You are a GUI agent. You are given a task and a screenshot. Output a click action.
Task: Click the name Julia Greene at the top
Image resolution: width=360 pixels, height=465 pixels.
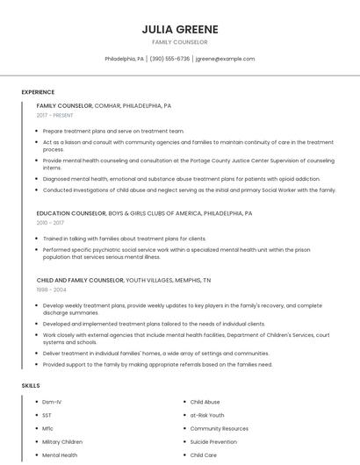(180, 29)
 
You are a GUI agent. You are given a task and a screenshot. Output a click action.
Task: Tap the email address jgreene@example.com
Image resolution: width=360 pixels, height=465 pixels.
(225, 59)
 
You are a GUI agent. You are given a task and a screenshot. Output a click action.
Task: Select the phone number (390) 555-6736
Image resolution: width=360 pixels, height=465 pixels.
(169, 59)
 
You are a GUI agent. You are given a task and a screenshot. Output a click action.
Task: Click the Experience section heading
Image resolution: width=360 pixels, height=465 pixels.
(38, 92)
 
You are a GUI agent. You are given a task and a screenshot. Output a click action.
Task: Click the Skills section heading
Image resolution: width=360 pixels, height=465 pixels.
(31, 386)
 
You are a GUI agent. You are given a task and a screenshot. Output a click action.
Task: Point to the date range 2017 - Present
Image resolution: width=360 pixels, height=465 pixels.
(55, 115)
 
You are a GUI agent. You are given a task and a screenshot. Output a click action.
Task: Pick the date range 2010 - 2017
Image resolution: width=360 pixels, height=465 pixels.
(50, 223)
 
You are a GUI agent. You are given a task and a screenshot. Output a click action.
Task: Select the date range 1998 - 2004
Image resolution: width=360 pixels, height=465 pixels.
(51, 290)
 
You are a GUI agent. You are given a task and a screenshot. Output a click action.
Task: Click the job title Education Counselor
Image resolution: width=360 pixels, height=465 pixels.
(71, 213)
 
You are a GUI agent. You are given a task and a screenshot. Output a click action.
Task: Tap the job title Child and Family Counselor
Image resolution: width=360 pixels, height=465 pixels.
(80, 280)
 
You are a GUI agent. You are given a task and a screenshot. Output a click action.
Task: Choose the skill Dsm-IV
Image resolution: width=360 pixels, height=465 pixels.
(53, 402)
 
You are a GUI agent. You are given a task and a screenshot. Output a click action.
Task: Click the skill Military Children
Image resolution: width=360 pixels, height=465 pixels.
(62, 442)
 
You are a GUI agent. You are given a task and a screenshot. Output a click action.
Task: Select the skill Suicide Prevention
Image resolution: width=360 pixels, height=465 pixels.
(213, 442)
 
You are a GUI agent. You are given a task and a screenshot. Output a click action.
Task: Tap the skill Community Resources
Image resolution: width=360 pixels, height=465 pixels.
(219, 429)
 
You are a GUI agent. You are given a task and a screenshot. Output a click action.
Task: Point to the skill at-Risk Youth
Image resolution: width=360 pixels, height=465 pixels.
(207, 415)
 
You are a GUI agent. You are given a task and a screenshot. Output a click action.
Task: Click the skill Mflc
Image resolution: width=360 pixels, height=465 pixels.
(48, 429)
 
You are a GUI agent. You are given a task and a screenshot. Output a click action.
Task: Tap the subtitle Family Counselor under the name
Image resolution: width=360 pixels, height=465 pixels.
(180, 42)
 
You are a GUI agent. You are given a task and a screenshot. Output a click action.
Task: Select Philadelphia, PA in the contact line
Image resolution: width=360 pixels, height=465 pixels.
(125, 59)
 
